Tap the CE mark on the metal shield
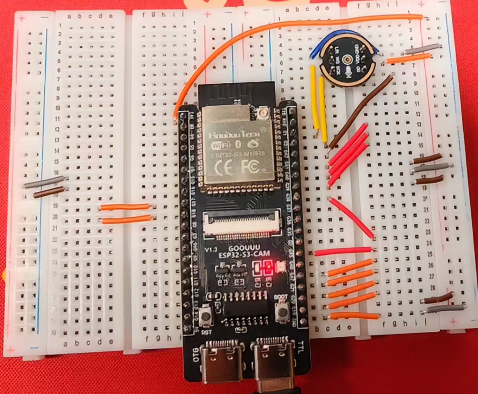point(224,168)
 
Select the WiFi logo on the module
point(220,145)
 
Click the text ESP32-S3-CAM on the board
point(244,254)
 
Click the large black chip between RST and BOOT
point(245,308)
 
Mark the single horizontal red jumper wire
point(343,251)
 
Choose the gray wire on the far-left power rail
point(44,182)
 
